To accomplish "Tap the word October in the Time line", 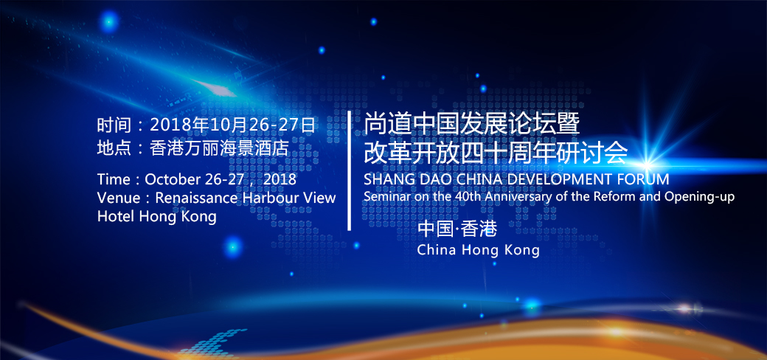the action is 167,179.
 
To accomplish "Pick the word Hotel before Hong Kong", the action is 116,215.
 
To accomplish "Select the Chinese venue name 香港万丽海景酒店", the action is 220,148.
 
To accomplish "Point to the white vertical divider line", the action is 350,170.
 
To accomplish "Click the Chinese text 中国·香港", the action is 457,229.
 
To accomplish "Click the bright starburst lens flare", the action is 647,163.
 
